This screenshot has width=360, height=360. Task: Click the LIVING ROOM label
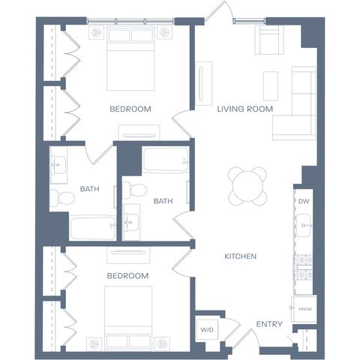pos(244,109)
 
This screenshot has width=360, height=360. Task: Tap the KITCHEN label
pos(240,256)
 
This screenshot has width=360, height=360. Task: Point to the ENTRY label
pos(269,324)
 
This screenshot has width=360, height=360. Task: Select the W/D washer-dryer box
pos(206,330)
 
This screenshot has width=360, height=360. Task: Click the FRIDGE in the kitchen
pos(304,309)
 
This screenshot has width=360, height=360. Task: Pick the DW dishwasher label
pos(304,201)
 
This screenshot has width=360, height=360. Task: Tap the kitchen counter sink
pos(303,225)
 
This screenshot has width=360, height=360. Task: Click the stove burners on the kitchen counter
pos(304,268)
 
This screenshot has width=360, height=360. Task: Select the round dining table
pos(247,186)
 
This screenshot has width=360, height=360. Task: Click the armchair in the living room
pos(269,40)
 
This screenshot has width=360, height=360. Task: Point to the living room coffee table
pos(271,86)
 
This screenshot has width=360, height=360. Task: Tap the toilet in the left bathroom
pos(62,198)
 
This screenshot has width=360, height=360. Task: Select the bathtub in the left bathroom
pos(93,228)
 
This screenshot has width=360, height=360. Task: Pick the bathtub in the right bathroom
pos(166,160)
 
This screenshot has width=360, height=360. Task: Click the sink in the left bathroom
pos(58,165)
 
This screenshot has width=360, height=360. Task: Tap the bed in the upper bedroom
pos(130,58)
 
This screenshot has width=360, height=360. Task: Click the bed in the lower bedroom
pos(128,319)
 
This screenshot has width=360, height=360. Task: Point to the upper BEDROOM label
pos(130,109)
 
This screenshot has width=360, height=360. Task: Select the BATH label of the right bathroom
pos(163,201)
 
